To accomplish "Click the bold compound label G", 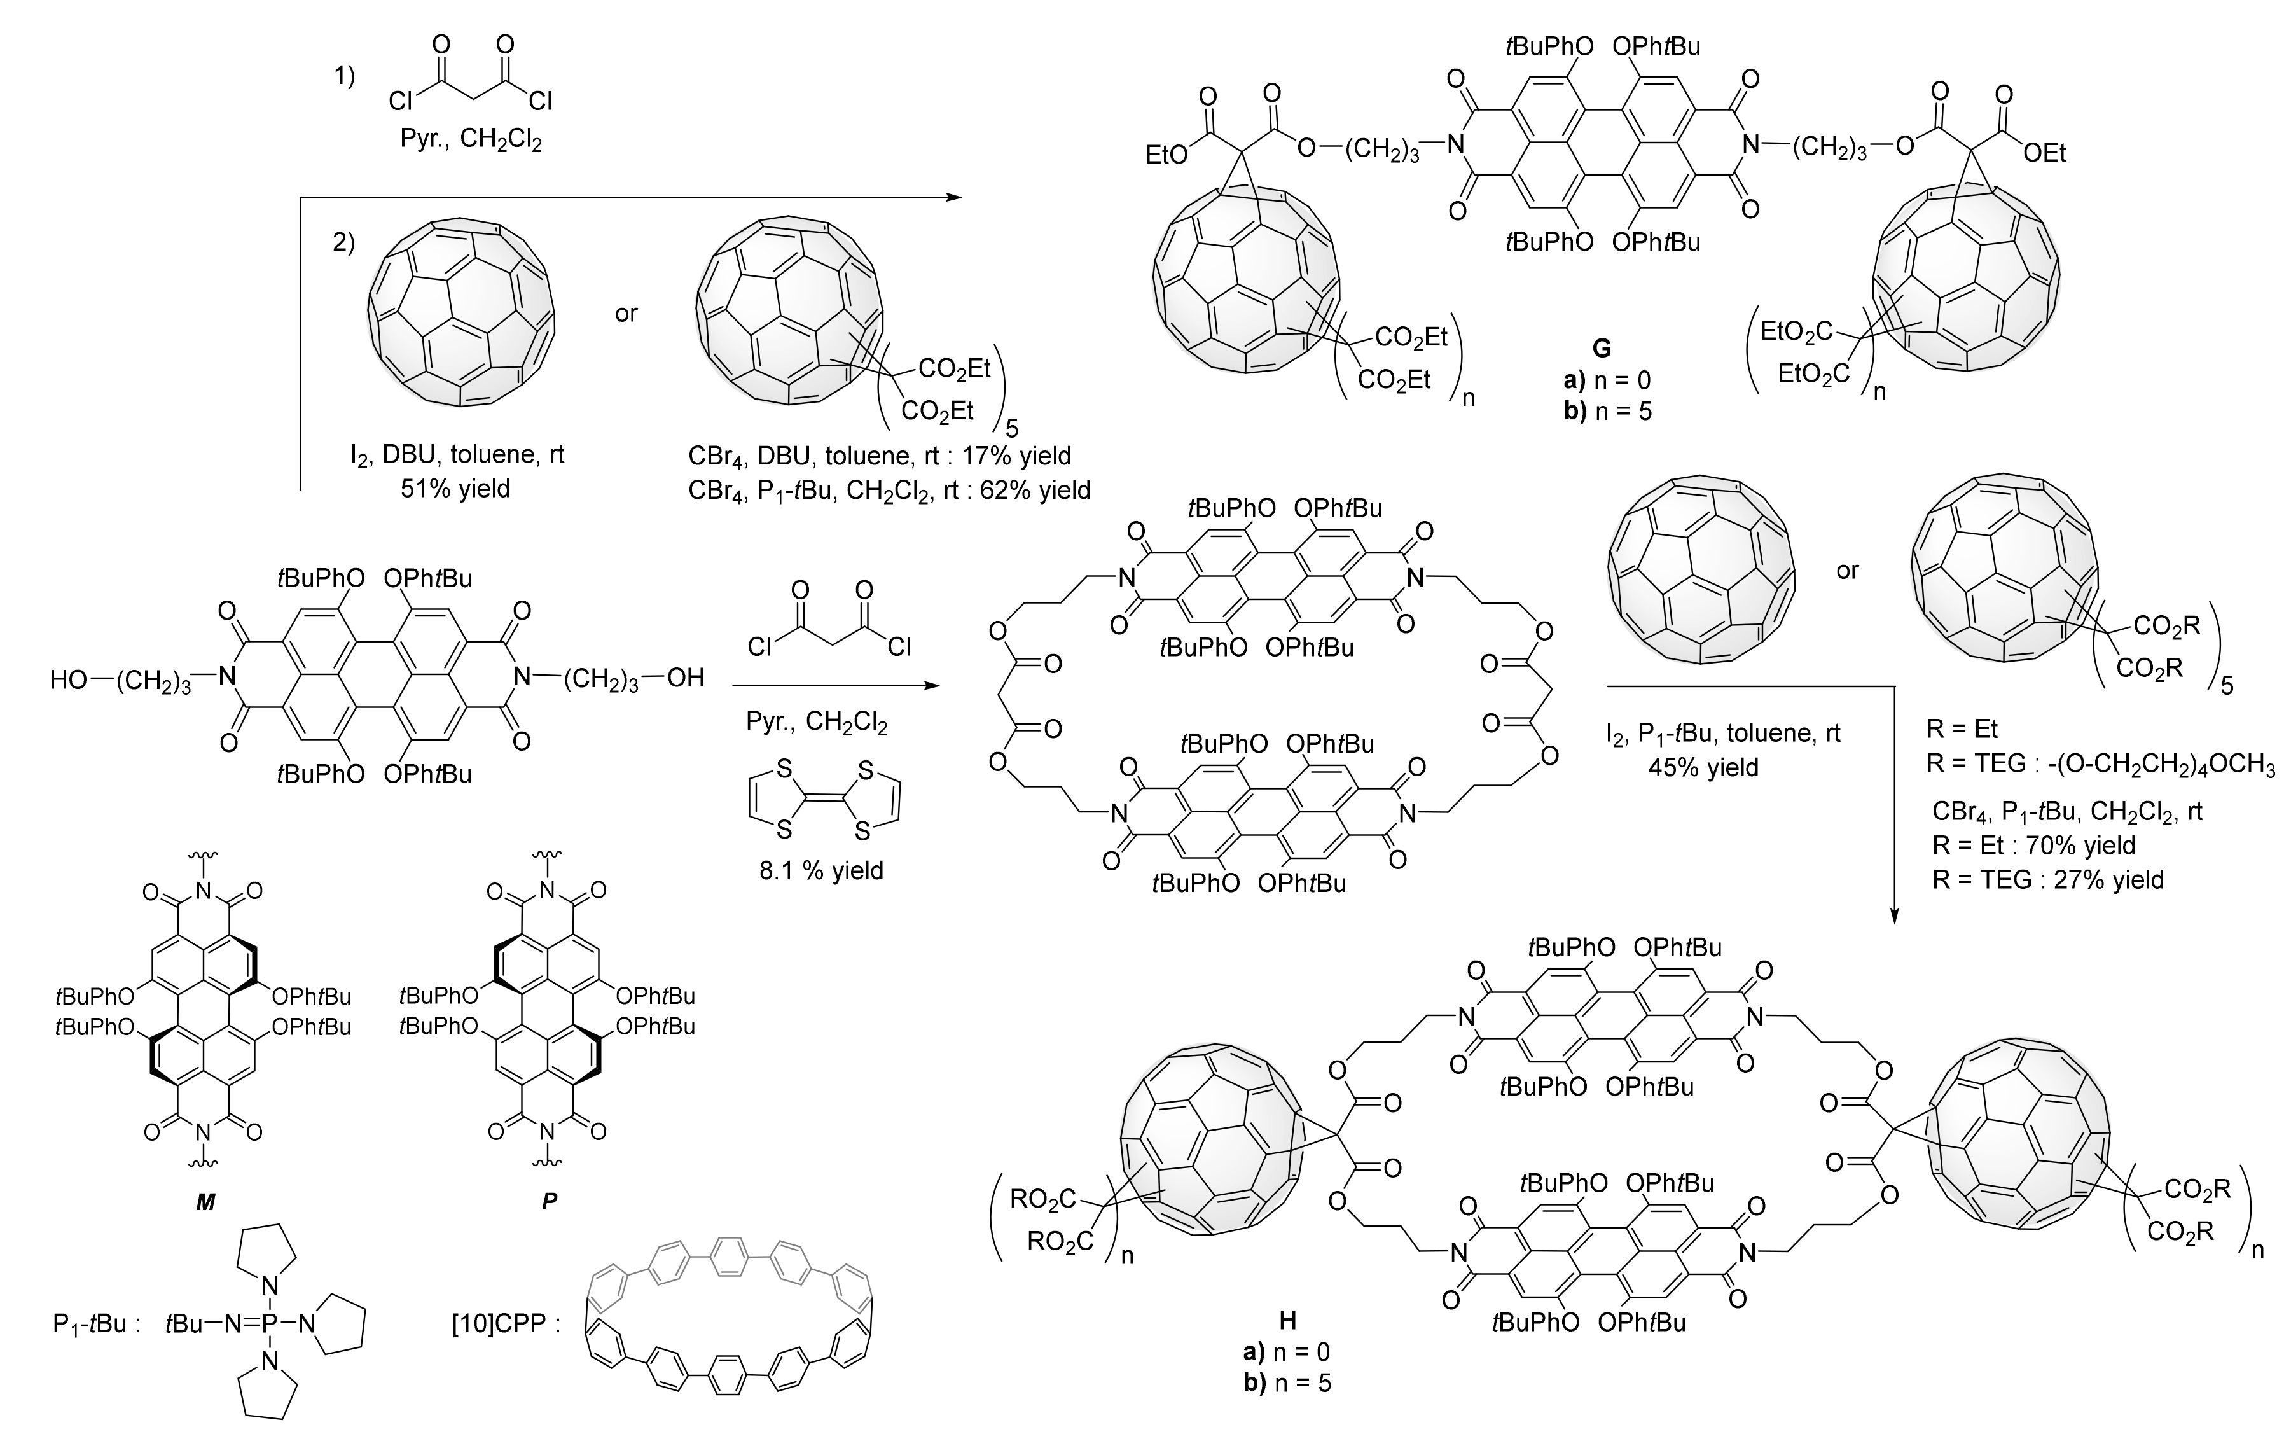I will click(1602, 349).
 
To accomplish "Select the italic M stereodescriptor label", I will click(205, 1202).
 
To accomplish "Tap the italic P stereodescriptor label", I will click(549, 1202).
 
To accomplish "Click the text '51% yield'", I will click(456, 489).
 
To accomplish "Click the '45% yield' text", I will click(1703, 767).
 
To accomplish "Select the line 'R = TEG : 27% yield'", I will click(2047, 879).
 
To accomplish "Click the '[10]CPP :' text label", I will click(505, 1324).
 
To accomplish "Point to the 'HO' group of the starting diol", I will click(69, 679).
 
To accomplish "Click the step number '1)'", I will click(344, 78).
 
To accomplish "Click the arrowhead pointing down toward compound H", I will click(1894, 915).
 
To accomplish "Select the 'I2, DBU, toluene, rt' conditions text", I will click(457, 455).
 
